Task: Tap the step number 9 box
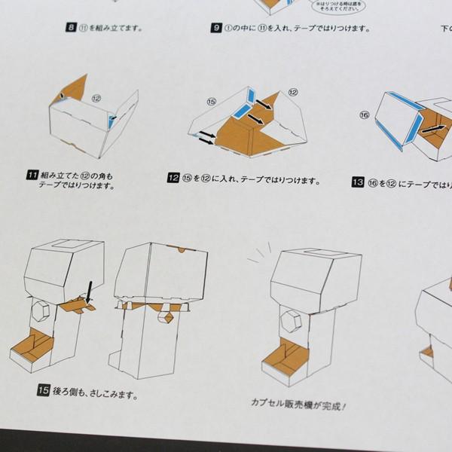pyautogui.click(x=215, y=29)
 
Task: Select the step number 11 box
pyautogui.click(x=31, y=176)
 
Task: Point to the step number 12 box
pyautogui.click(x=173, y=180)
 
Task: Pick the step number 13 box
pyautogui.click(x=357, y=182)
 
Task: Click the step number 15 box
pyautogui.click(x=44, y=389)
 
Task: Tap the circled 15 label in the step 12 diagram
pyautogui.click(x=210, y=100)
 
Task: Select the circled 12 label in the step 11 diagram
pyautogui.click(x=96, y=99)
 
